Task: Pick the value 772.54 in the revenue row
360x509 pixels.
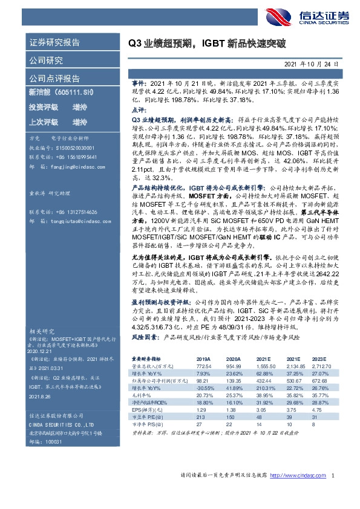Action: click(x=204, y=367)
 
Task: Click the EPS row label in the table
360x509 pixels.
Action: click(x=140, y=409)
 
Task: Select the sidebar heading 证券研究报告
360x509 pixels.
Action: click(x=54, y=43)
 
